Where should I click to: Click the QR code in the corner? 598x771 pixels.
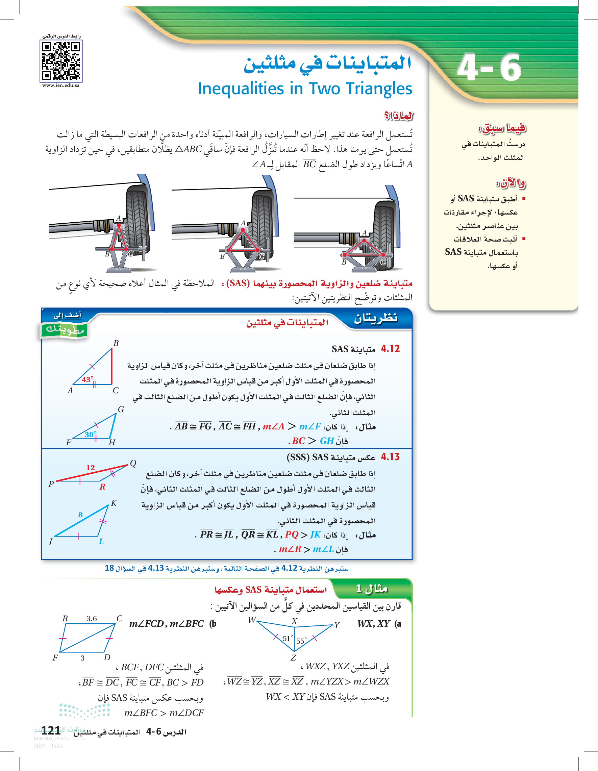pos(61,61)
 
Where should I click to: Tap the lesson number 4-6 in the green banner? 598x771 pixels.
pos(489,68)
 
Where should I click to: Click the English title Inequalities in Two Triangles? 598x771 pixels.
pos(305,89)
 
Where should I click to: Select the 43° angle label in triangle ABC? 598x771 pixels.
pos(88,379)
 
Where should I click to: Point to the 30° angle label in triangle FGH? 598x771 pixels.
pos(90,434)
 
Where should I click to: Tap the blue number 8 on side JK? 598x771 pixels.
pos(80,514)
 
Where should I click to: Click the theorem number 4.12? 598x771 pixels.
pos(390,349)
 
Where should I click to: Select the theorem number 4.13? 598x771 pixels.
pos(390,457)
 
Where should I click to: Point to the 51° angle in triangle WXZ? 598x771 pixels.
pos(288,638)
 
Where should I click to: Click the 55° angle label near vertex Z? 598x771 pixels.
pos(301,641)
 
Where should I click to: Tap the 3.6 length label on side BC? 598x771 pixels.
pos(92,619)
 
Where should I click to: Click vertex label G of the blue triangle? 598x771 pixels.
pos(121,409)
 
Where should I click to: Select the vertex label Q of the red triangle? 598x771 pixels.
pos(133,463)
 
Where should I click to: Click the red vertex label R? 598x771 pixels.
pos(102,487)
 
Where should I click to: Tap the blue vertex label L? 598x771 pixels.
pos(101,542)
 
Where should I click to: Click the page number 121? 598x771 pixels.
pos(51,730)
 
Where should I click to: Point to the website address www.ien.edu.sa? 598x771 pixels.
pos(61,85)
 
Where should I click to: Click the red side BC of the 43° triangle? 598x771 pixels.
pos(112,366)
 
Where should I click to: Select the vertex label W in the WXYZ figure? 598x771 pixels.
pos(252,620)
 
